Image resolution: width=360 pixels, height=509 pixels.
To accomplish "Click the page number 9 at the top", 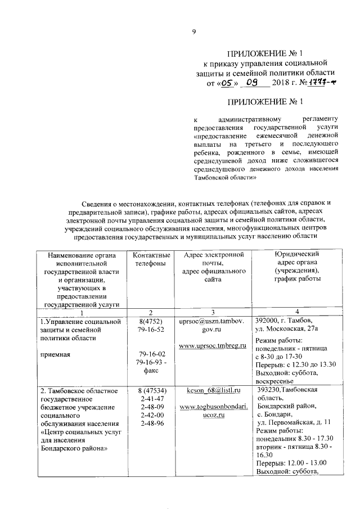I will coord(193,33).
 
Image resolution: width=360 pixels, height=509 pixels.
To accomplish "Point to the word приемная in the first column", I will coord(55,355).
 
